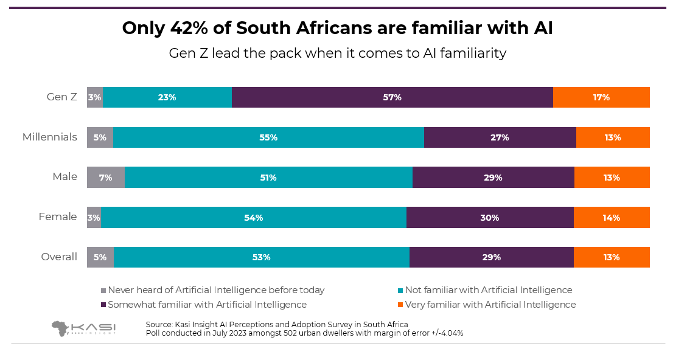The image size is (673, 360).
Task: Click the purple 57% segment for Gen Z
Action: pos(392,97)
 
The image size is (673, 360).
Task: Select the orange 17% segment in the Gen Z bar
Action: pos(601,97)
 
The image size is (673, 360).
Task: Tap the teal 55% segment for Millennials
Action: pos(268,137)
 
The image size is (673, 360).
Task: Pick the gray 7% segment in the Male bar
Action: pos(106,178)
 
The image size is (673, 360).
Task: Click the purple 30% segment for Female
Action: pos(490,218)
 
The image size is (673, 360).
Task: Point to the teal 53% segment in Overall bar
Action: pos(261,257)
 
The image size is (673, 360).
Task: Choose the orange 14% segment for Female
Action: pos(612,218)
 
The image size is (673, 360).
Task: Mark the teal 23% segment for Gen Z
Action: pos(167,97)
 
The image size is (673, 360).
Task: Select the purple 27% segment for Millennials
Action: pos(500,137)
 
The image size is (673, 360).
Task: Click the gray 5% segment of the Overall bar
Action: pos(100,257)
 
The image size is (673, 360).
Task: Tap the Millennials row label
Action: pos(50,137)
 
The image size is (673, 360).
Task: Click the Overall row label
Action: pos(59,257)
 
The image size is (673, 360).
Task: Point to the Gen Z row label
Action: pos(62,97)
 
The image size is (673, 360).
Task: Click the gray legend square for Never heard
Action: pos(103,291)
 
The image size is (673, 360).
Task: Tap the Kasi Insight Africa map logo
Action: pos(60,328)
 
